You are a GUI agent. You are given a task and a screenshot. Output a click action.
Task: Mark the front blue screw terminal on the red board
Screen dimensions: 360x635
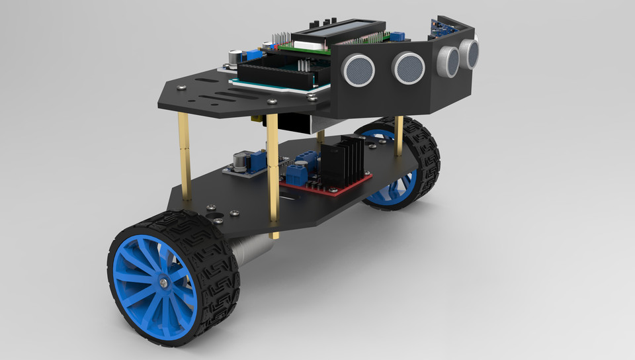296,175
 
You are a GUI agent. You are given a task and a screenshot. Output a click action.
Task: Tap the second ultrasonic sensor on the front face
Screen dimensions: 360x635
408,67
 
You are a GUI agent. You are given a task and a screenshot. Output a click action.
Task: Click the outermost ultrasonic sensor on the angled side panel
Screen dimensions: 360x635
470,52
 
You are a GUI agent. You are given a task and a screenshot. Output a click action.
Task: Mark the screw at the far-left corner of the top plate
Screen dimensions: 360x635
183,87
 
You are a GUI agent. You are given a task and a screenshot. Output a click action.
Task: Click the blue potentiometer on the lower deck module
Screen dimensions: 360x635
258,159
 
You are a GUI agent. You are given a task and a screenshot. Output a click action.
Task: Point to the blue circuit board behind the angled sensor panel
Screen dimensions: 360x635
441,27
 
